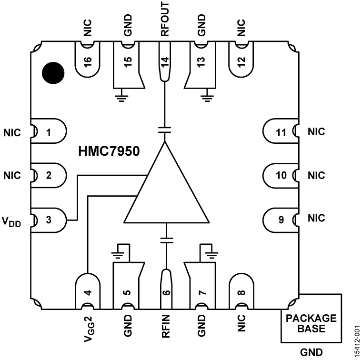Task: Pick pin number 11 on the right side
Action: pos(281,132)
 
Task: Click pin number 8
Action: pos(242,291)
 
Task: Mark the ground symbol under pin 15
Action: pos(122,98)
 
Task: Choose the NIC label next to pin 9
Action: pos(316,218)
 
